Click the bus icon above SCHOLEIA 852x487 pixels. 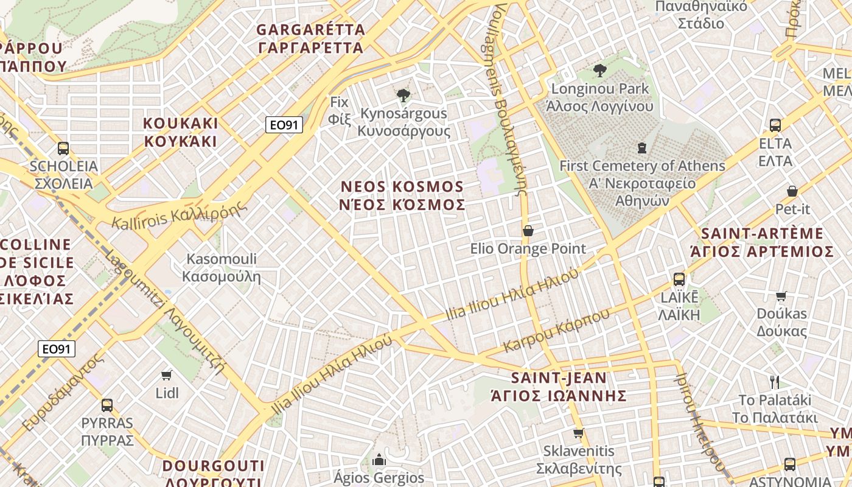coord(63,148)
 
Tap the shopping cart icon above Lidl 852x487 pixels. coord(167,375)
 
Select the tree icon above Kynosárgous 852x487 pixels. coord(403,95)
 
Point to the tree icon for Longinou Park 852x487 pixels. coord(600,71)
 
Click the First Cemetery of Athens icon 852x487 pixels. coord(641,147)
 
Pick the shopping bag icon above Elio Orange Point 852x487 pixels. coord(528,231)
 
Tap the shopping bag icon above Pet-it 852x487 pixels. coord(792,191)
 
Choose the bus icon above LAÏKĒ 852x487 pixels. coord(679,279)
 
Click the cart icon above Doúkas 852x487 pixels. coord(781,296)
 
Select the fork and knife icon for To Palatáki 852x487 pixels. coord(775,382)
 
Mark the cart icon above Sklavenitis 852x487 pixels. coord(578,433)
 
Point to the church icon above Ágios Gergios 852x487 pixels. coord(379,459)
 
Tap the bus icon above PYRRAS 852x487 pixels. coord(107,405)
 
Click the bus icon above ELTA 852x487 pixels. coord(775,125)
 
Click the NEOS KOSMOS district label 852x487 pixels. coord(402,195)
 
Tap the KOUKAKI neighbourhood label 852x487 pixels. coord(180,132)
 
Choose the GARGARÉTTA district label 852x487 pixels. coord(311,38)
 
